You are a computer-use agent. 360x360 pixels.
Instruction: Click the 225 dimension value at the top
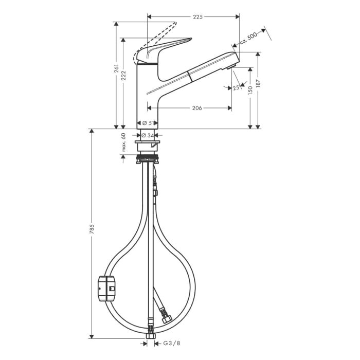(x=197, y=16)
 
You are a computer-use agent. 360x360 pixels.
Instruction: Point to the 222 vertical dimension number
(x=124, y=75)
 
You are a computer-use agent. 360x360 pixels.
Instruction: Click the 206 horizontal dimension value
(x=196, y=108)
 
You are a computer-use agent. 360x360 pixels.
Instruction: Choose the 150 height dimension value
(x=250, y=90)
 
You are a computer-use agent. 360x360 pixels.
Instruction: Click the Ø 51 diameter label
(x=148, y=123)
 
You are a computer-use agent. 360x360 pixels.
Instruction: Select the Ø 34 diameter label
(x=148, y=135)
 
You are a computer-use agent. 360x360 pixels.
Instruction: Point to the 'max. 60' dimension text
(x=123, y=142)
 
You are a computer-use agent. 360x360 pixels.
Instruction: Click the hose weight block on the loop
(x=107, y=287)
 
